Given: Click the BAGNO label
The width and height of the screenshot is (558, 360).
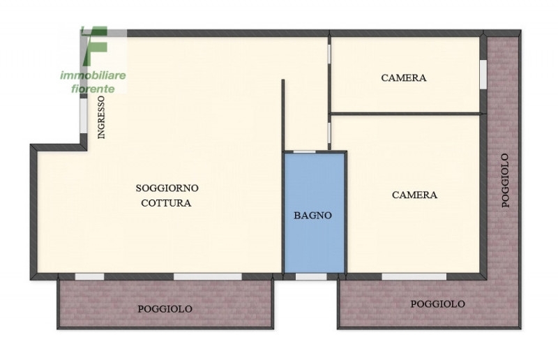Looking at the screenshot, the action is click(x=312, y=216).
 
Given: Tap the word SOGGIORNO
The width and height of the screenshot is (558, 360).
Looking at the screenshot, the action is click(x=167, y=188).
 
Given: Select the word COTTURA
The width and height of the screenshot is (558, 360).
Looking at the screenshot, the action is click(x=166, y=203).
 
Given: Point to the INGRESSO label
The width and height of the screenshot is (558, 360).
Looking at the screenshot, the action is click(x=101, y=117).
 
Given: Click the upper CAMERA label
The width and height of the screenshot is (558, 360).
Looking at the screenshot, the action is click(x=404, y=77).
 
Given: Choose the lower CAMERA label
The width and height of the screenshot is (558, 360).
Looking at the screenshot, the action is click(x=414, y=195).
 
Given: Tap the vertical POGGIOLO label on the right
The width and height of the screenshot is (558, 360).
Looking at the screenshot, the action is click(x=505, y=181).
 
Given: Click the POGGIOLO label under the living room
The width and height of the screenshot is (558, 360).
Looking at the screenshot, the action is click(x=165, y=309).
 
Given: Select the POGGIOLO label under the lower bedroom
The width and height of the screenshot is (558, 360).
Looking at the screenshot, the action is click(x=438, y=303).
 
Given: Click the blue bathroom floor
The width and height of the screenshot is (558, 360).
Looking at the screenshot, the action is click(x=315, y=213).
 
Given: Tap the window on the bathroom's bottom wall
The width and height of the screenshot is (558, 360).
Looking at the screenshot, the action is click(x=311, y=277).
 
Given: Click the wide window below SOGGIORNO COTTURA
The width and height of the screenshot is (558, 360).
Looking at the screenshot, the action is click(x=207, y=277).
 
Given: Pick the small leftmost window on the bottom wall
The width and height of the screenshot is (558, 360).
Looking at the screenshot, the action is click(x=89, y=277).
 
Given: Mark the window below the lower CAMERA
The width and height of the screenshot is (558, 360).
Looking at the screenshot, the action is click(x=414, y=277).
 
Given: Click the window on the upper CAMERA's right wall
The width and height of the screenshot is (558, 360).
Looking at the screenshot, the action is click(x=483, y=74).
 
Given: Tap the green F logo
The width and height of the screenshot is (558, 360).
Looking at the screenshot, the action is click(x=94, y=46).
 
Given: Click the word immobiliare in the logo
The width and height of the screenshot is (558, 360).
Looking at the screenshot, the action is click(x=93, y=75).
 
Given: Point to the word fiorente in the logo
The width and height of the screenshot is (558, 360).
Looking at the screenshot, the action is click(x=93, y=89).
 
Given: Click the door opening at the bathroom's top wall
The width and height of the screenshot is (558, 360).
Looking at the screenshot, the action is click(x=304, y=152).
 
